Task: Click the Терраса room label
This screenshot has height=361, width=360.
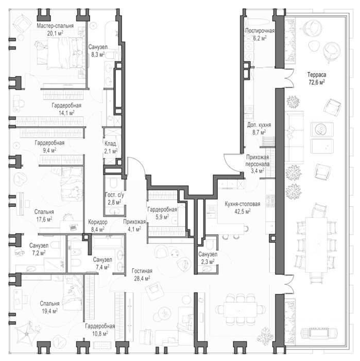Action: (317, 75)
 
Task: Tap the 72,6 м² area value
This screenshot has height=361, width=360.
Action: (317, 82)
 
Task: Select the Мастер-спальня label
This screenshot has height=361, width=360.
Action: (55, 26)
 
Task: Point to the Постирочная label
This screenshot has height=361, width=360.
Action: (260, 31)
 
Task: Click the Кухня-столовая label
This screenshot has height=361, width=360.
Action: (243, 204)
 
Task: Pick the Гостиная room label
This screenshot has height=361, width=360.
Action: (142, 271)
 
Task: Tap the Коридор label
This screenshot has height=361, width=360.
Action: (98, 222)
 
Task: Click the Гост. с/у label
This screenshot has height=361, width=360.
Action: (114, 195)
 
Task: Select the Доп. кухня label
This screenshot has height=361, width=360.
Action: (259, 125)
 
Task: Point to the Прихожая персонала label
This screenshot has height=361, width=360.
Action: (258, 161)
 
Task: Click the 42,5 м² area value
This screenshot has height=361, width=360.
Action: (243, 211)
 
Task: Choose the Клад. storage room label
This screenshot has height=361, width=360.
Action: (111, 144)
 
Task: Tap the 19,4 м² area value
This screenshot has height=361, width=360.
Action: (49, 311)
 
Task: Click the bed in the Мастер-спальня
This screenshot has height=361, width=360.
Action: (60, 53)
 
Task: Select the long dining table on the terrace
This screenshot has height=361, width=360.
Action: (316, 245)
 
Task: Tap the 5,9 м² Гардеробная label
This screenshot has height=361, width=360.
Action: (162, 209)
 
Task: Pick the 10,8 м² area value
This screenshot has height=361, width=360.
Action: (100, 333)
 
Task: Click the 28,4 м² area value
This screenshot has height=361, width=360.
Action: (142, 278)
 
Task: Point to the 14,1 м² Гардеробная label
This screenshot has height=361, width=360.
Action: (66, 105)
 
